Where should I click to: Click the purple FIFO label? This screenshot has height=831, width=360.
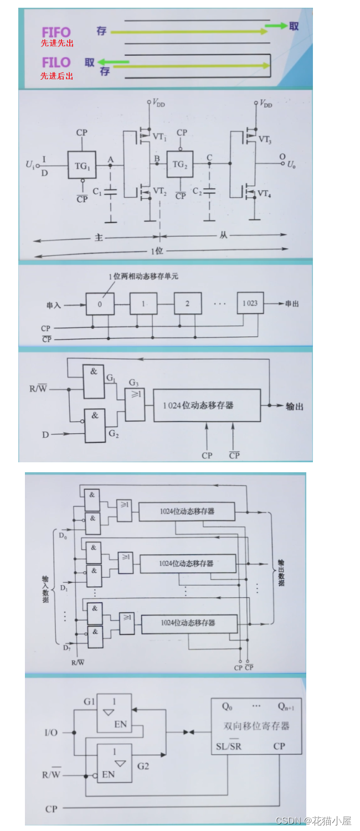pyautogui.click(x=56, y=32)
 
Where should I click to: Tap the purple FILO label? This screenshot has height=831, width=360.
pyautogui.click(x=56, y=62)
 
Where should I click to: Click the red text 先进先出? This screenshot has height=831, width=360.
pyautogui.click(x=57, y=43)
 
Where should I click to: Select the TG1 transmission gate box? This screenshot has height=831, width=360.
pyautogui.click(x=82, y=164)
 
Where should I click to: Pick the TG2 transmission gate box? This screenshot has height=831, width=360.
pyautogui.click(x=179, y=164)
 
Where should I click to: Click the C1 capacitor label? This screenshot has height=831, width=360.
pyautogui.click(x=97, y=191)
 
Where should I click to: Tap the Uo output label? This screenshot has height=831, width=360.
pyautogui.click(x=291, y=164)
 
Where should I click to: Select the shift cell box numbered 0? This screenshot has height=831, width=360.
pyautogui.click(x=100, y=304)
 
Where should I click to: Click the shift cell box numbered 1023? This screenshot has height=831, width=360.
pyautogui.click(x=250, y=303)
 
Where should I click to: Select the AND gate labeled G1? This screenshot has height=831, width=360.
pyautogui.click(x=94, y=381)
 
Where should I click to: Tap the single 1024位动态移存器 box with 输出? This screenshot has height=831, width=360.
pyautogui.click(x=207, y=405)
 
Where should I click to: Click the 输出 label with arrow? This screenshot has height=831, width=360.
pyautogui.click(x=294, y=406)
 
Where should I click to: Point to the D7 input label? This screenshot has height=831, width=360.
pyautogui.click(x=66, y=647)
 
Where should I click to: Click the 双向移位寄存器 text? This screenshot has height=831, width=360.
pyautogui.click(x=256, y=726)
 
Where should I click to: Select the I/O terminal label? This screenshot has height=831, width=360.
pyautogui.click(x=51, y=732)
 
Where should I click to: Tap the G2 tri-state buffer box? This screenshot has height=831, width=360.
pyautogui.click(x=114, y=763)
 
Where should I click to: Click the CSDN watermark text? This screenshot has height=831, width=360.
pyautogui.click(x=313, y=820)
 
